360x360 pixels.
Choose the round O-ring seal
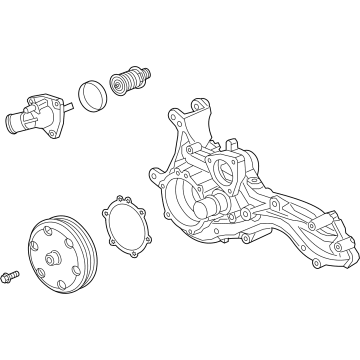click(x=94, y=96)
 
